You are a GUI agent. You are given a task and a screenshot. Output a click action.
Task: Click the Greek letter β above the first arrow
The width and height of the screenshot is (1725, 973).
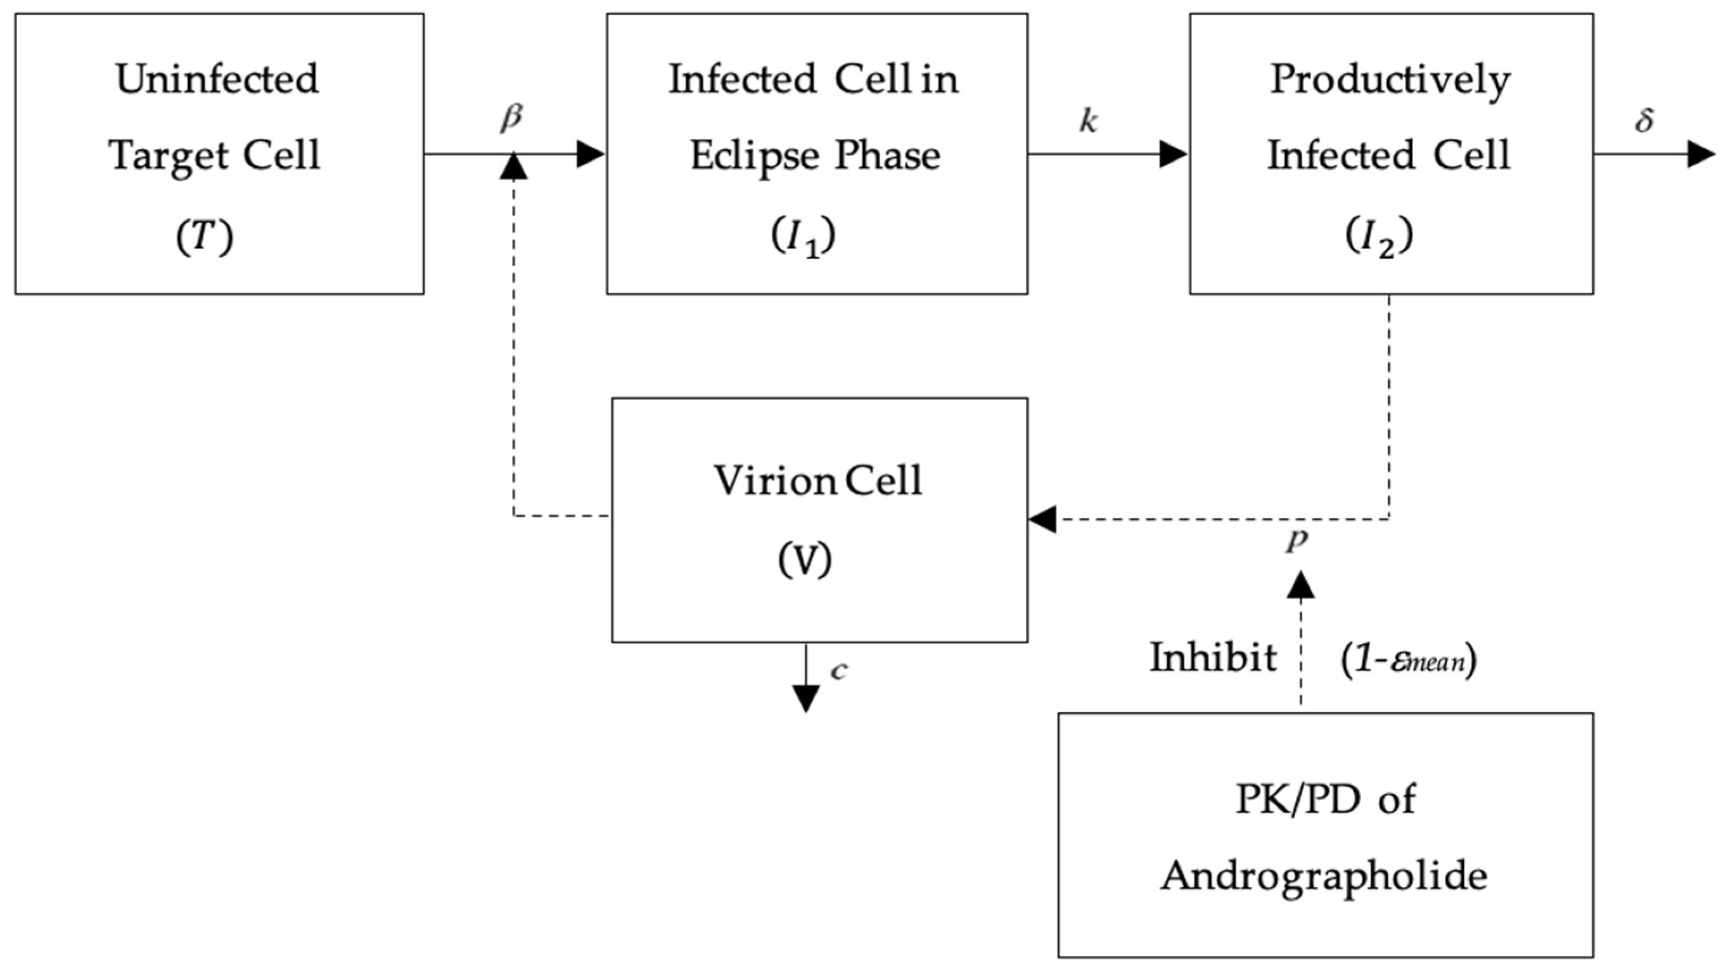(511, 119)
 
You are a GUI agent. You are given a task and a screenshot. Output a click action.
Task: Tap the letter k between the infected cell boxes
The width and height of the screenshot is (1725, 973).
(1088, 121)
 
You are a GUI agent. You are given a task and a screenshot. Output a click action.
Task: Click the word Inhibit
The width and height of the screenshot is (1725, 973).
(1214, 658)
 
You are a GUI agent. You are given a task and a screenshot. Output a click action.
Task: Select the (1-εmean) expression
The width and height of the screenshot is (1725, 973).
(1409, 660)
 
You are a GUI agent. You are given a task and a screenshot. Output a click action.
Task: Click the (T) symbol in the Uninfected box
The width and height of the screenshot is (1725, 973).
(204, 237)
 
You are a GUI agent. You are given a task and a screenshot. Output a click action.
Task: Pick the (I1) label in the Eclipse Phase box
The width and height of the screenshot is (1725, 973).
(803, 237)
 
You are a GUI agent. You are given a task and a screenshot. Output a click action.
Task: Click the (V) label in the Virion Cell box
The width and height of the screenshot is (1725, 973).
(805, 559)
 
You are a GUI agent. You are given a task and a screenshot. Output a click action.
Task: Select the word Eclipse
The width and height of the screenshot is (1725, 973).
(755, 156)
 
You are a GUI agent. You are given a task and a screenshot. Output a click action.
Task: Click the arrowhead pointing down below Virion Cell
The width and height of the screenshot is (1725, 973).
(806, 699)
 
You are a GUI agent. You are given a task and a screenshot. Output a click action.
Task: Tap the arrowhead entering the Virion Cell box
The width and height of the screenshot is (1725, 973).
(1042, 519)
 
